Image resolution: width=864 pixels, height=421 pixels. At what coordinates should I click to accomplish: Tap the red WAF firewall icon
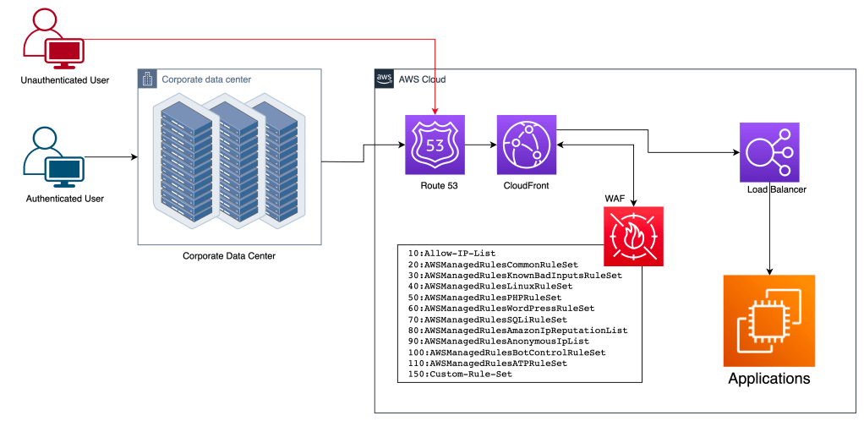[x=633, y=236]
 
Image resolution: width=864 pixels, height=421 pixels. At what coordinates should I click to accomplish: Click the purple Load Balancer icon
[x=768, y=152]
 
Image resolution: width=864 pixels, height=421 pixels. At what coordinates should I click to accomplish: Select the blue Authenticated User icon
[x=52, y=158]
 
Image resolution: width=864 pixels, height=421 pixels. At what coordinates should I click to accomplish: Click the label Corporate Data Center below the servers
[x=229, y=255]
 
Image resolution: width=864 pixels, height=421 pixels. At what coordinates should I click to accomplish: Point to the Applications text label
[x=768, y=379]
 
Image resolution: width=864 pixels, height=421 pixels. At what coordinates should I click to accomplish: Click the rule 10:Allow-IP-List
[x=451, y=253]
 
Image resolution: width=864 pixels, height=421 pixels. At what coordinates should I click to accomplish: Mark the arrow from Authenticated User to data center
[x=110, y=157]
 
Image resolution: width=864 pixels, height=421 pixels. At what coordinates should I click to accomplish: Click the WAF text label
[x=615, y=198]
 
